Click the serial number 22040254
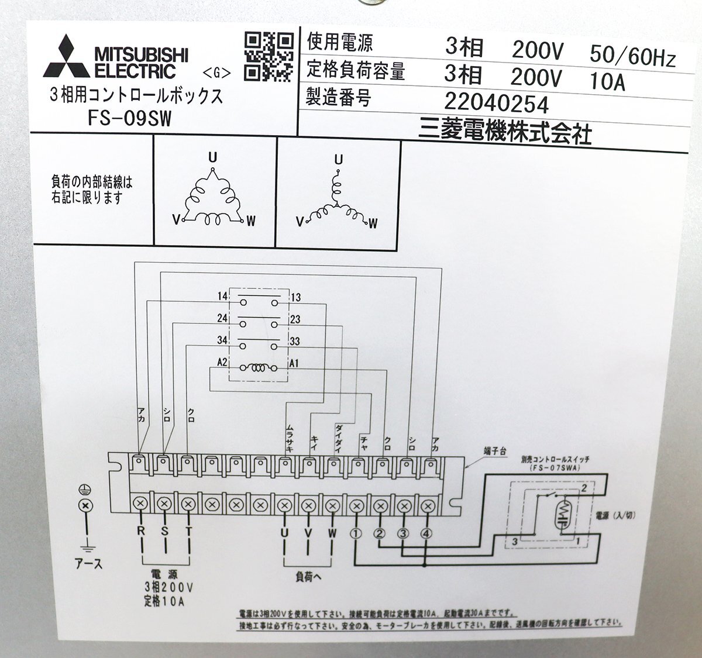(496, 104)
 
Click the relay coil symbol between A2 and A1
(257, 368)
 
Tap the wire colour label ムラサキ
(289, 437)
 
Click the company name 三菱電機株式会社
(504, 133)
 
